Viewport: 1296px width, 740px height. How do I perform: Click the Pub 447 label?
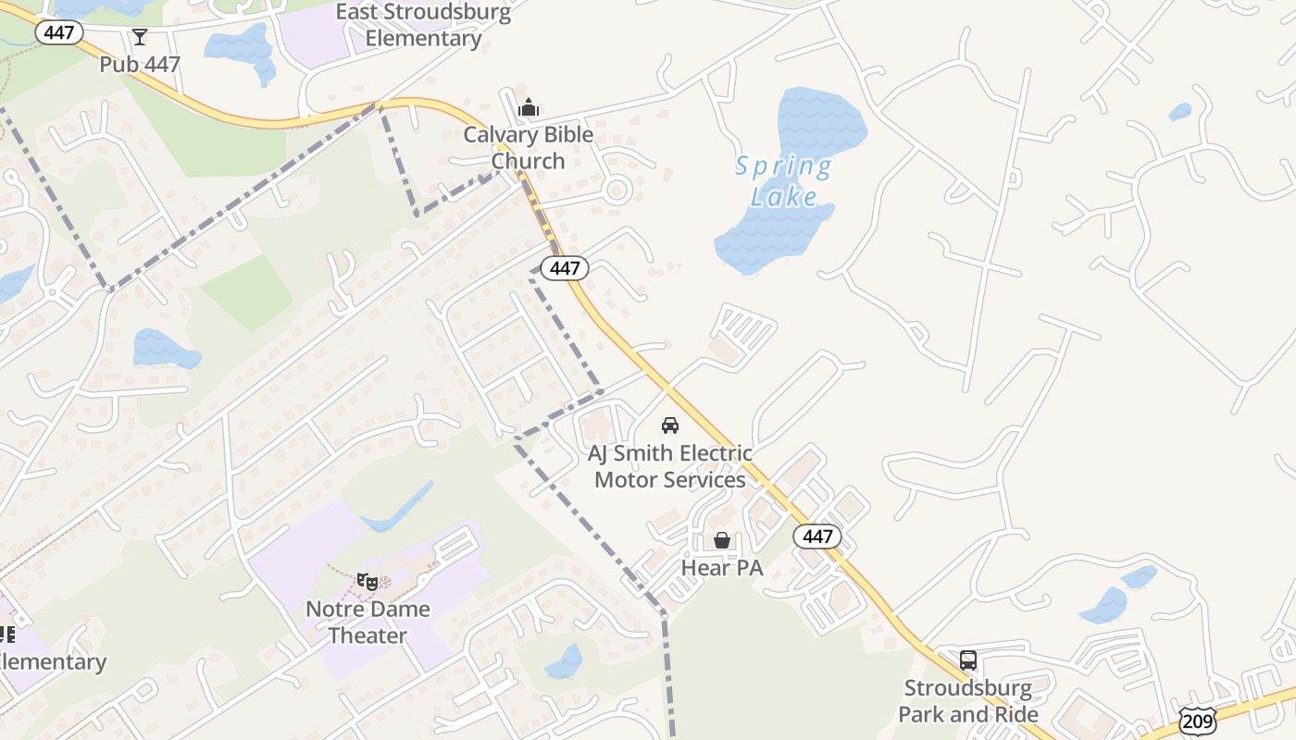(140, 65)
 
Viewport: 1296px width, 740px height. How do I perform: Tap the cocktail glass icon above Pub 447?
(140, 37)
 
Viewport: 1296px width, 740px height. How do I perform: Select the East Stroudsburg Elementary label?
(423, 25)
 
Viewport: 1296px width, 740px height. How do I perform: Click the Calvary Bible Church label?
(528, 147)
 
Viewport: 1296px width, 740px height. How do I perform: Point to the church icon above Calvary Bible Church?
(529, 108)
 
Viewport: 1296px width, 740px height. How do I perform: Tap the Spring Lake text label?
(784, 181)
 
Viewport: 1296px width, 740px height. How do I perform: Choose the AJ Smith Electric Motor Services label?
(670, 466)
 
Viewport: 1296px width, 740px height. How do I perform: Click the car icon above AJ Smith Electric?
(670, 425)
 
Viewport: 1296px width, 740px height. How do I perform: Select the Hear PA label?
(722, 568)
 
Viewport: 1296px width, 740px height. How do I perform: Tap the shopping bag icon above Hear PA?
(722, 540)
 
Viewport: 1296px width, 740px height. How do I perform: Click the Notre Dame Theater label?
(368, 622)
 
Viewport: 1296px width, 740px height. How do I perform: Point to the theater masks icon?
(368, 582)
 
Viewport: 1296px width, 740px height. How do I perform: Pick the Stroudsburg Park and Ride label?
(968, 701)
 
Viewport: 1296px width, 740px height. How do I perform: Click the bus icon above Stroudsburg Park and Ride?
(968, 660)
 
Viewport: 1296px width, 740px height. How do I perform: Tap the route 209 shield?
(1198, 720)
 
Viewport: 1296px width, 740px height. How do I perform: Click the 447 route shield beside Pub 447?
(59, 33)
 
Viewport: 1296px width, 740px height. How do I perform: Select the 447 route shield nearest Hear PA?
(817, 536)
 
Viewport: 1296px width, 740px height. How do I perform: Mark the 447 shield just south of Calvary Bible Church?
(564, 268)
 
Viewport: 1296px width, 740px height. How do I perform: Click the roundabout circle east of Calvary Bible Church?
(617, 191)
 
